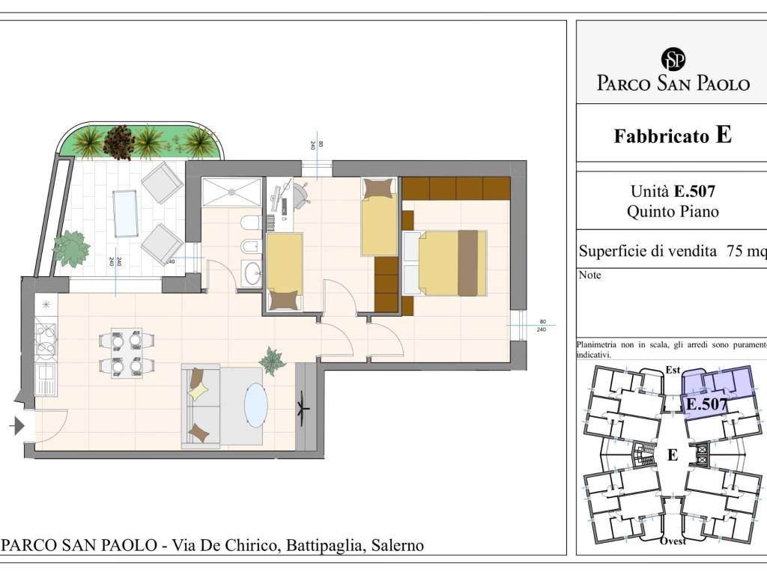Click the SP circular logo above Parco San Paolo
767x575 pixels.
point(673,58)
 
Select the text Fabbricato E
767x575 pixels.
point(672,136)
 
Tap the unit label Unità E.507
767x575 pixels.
point(672,192)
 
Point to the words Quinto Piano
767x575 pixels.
point(672,212)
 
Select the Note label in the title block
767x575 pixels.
point(589,276)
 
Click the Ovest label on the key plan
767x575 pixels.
point(673,541)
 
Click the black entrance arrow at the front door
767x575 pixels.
point(16,426)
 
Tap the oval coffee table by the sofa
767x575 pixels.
point(256,405)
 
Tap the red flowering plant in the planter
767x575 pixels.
point(118,142)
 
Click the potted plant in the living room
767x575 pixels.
point(272,361)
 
